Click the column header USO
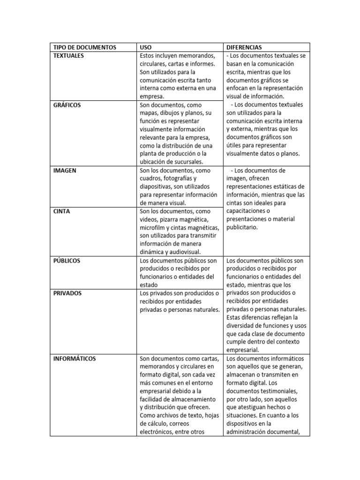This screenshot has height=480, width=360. (x=145, y=47)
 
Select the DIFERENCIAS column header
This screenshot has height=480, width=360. (x=244, y=47)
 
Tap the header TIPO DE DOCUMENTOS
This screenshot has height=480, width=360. (x=85, y=47)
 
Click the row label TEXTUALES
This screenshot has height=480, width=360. (x=69, y=55)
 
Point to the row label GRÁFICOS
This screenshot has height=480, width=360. (x=67, y=105)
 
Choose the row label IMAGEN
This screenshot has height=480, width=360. (x=65, y=171)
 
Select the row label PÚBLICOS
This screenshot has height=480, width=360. (x=67, y=260)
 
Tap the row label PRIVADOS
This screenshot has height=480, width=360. (x=67, y=293)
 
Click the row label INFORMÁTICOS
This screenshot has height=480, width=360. (x=75, y=359)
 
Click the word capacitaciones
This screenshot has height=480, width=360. (x=247, y=211)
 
